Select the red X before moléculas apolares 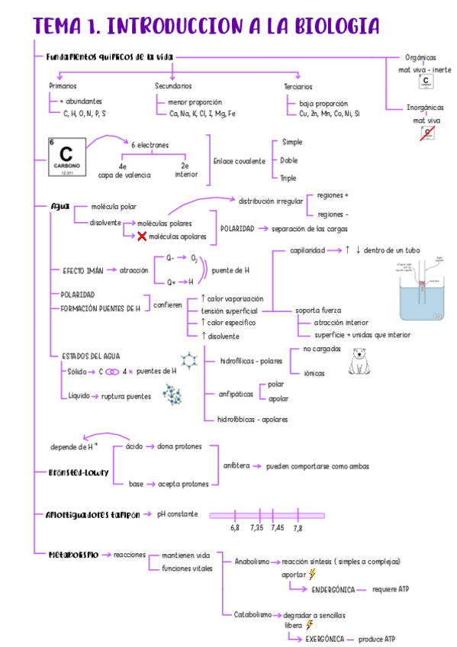(142, 237)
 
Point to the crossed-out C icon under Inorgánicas (427, 134)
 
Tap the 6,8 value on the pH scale (235, 527)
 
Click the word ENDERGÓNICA (333, 589)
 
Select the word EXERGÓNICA (325, 639)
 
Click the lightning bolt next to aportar (311, 574)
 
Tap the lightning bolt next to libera (309, 624)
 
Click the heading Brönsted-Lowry (78, 472)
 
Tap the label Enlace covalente (239, 161)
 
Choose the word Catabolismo (253, 613)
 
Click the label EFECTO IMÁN (82, 270)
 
